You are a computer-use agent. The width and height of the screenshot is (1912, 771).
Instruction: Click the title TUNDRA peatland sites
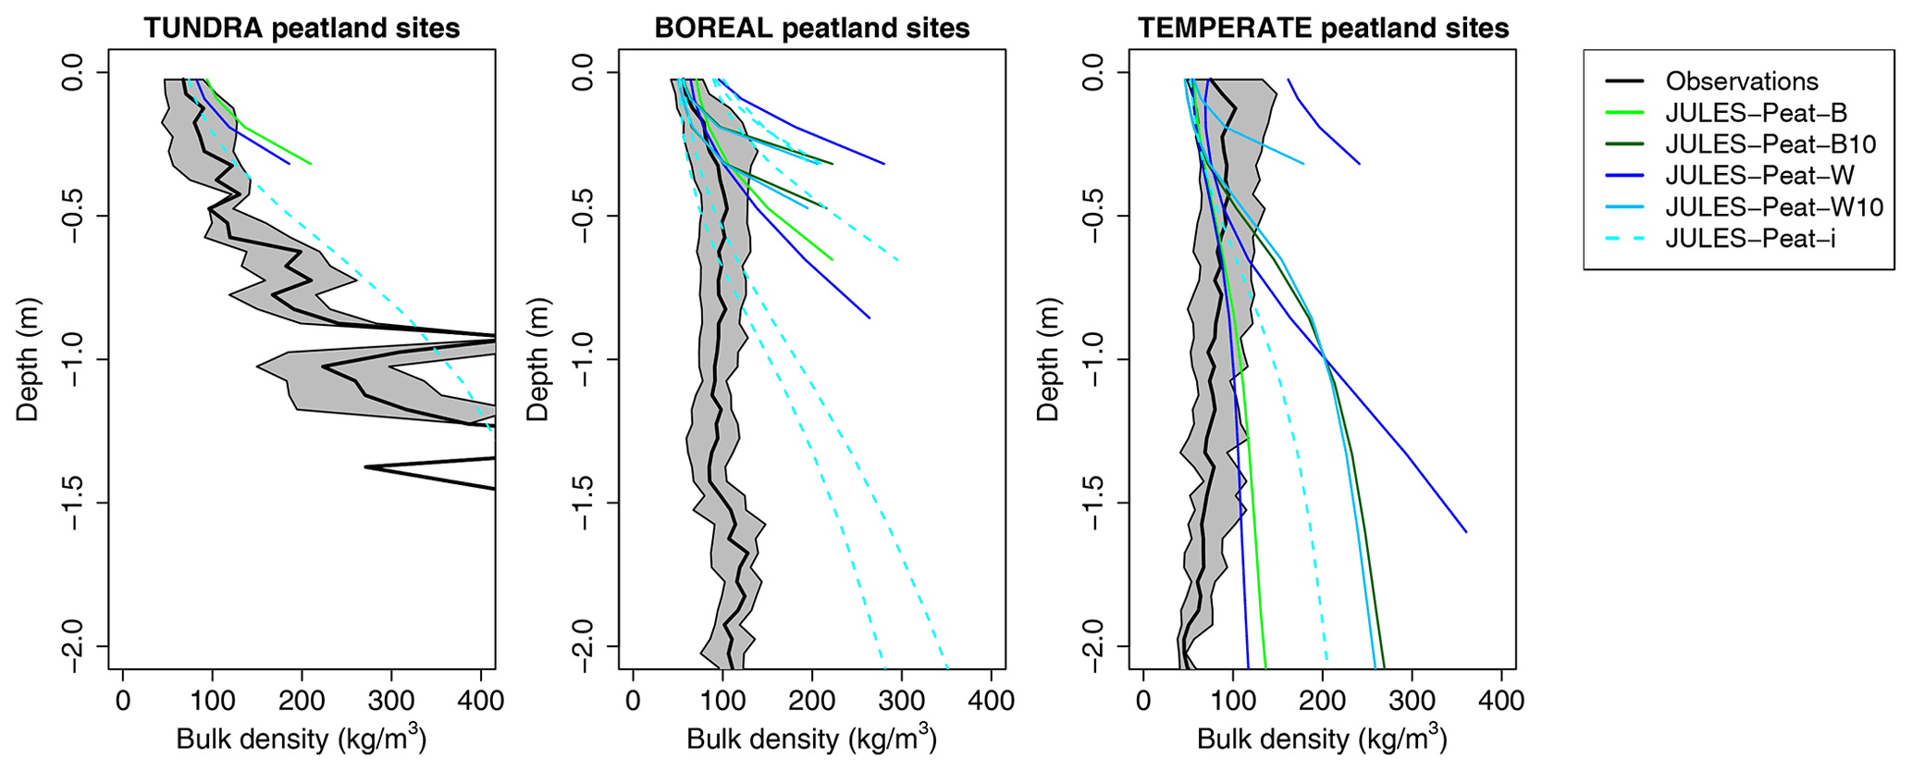point(302,28)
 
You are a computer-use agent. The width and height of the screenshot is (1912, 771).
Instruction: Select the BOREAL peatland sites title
point(811,28)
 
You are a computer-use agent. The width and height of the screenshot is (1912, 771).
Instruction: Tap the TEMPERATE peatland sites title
point(1323,28)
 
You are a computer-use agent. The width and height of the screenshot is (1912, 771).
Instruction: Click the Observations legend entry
point(1741,81)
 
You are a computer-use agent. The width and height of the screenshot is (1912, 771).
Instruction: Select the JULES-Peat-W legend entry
point(1759,176)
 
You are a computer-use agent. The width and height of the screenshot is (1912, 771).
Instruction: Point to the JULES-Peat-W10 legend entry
point(1774,207)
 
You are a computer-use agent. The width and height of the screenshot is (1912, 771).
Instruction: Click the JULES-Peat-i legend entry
point(1750,239)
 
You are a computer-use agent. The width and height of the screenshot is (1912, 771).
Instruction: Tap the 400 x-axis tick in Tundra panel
point(482,701)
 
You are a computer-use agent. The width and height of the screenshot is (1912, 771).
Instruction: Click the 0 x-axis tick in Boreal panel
point(633,701)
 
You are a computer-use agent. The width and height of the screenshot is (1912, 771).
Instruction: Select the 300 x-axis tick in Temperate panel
point(1412,701)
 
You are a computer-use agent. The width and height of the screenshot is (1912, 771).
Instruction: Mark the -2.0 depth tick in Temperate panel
point(1095,646)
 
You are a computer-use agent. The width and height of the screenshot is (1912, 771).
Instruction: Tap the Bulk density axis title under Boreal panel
point(811,740)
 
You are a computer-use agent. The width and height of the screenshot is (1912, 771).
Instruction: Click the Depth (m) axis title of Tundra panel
point(28,359)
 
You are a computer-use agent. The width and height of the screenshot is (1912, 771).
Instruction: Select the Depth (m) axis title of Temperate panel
point(1048,359)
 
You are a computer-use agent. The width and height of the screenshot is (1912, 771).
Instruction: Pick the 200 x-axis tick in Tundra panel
point(302,701)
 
